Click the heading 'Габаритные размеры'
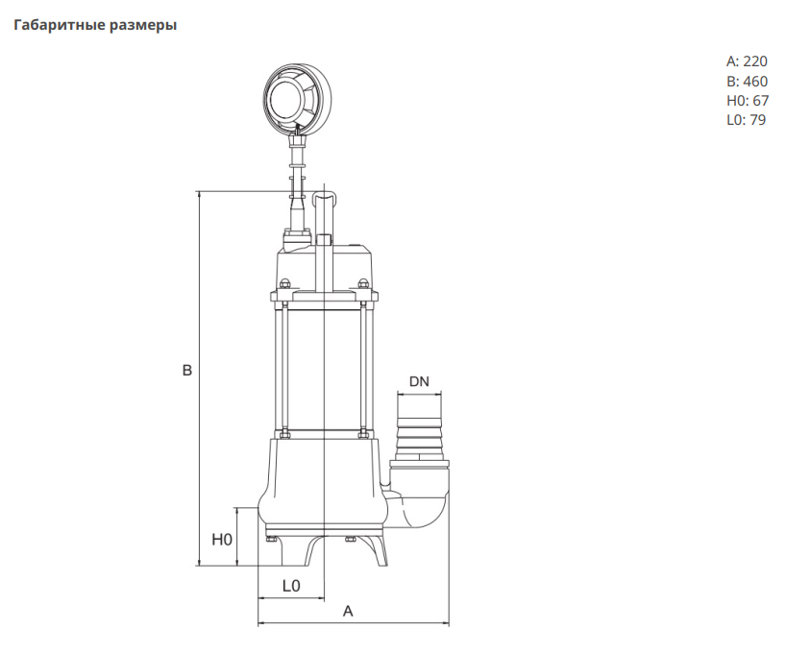95,25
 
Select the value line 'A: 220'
747,61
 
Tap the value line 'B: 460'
747,82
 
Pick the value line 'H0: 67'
747,101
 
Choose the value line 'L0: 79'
746,120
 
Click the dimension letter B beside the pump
187,371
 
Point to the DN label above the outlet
419,381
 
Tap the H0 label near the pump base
222,540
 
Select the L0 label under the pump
291,586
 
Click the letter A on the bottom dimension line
348,611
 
